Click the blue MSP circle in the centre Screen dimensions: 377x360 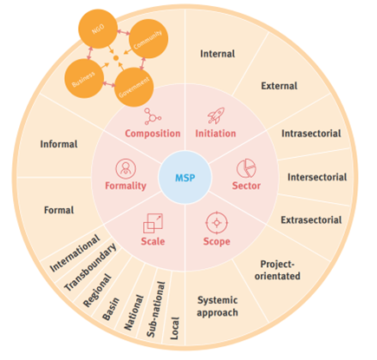point(185,177)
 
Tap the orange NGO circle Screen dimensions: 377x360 point(98,29)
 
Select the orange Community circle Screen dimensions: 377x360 point(148,38)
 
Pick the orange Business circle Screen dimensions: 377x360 point(84,78)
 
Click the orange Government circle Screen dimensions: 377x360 point(133,87)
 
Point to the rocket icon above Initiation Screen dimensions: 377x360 point(216,115)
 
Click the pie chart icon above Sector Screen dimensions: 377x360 point(246,168)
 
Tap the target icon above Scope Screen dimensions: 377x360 point(217,223)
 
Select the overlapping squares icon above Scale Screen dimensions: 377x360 point(153,223)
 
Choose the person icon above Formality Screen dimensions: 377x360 point(126,168)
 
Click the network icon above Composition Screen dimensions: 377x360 point(153,116)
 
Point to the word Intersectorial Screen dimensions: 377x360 point(317,177)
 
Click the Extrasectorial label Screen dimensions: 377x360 point(311,219)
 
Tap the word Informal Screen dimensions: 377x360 point(59,144)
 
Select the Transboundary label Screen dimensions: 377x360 point(90,266)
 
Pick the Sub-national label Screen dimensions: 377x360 point(156,310)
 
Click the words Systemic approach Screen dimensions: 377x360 point(218,306)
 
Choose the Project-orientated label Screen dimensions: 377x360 point(277,270)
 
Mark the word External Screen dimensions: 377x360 point(279,86)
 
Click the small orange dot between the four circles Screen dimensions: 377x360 point(116,58)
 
